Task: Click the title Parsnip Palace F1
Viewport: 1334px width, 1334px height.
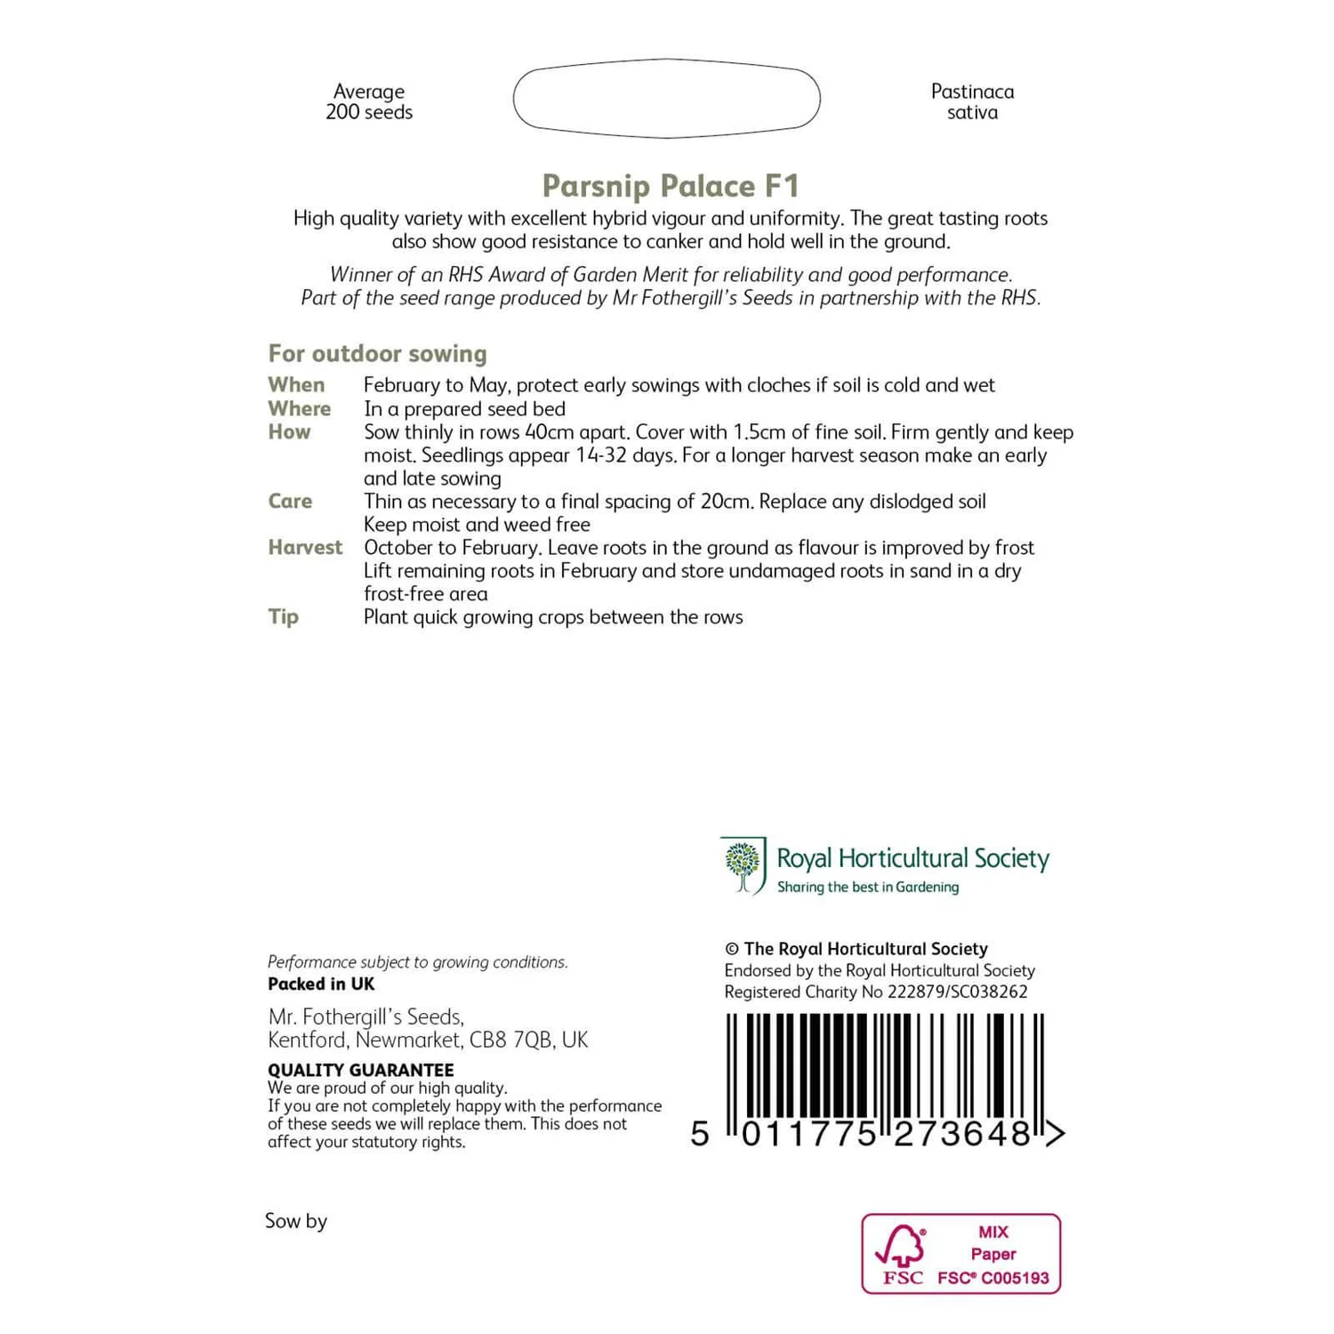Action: coord(671,186)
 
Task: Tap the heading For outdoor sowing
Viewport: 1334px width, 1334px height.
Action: coord(377,354)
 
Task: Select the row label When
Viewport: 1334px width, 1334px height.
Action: coord(296,385)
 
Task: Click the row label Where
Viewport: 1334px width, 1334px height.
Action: coord(299,409)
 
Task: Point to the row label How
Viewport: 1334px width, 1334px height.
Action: coord(289,432)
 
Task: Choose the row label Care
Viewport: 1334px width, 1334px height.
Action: coord(290,502)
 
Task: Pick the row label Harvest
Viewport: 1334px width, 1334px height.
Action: coord(305,548)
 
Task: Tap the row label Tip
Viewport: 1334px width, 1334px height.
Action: coord(283,617)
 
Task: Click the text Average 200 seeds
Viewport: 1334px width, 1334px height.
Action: coord(369,102)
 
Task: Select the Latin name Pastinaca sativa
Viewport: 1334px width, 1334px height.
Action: coord(972,102)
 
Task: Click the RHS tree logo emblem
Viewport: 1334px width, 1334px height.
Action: coord(743,864)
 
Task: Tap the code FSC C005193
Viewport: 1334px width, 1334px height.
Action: coord(993,1279)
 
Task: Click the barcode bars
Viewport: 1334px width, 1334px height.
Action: coord(885,1067)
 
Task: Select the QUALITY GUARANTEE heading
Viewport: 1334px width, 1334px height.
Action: coord(360,1070)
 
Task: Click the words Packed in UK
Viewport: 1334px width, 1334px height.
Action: coord(321,984)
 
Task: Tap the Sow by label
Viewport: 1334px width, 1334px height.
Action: coord(296,1221)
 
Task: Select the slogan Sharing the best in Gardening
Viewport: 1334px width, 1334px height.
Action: coord(868,888)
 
